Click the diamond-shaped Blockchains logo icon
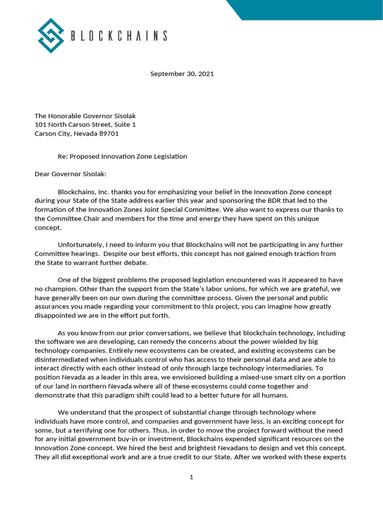52,35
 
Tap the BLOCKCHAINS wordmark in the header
119,35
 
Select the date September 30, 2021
182,74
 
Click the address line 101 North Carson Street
85,125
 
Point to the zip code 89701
107,134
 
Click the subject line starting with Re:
122,156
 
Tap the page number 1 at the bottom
191,477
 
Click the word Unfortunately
80,245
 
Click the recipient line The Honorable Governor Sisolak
85,116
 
